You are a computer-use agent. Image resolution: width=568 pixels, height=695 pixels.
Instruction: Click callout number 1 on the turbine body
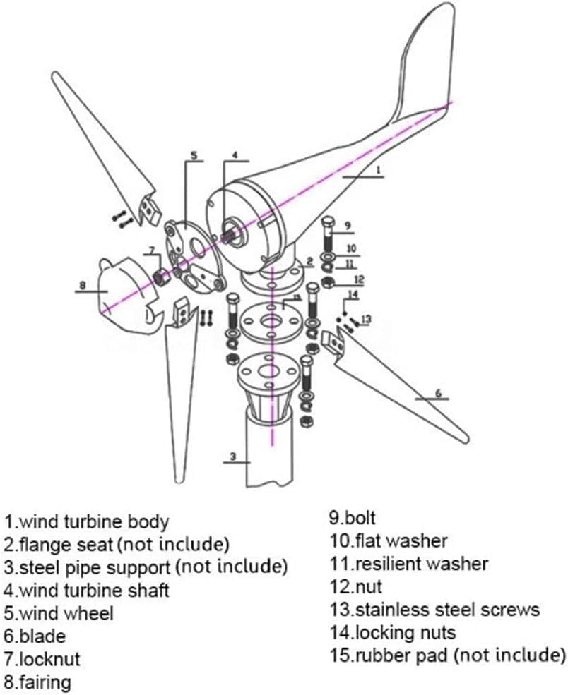point(379,169)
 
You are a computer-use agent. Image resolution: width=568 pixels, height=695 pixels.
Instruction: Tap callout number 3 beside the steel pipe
point(232,457)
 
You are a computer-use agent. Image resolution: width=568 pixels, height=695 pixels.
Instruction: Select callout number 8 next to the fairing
point(83,286)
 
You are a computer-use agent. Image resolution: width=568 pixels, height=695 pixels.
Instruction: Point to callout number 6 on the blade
point(438,393)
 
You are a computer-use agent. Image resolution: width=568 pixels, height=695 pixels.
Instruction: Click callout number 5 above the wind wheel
point(193,155)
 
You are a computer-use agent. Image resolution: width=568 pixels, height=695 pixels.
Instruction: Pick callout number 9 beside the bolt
point(348,226)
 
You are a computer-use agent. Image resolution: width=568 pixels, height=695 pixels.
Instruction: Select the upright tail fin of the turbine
point(424,64)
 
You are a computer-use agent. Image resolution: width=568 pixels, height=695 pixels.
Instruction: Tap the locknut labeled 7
point(161,276)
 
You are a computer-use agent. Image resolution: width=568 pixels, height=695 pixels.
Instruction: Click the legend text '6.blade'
point(35,636)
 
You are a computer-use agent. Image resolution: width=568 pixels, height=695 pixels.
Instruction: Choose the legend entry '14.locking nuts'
point(392,632)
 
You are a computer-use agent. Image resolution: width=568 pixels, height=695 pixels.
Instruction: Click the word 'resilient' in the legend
point(389,564)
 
